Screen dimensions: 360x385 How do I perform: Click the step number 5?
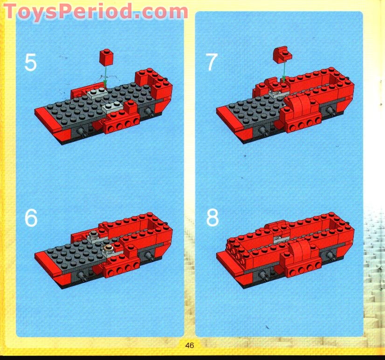[30, 62]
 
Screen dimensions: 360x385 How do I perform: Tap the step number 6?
[31, 217]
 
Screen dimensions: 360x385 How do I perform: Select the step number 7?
[212, 62]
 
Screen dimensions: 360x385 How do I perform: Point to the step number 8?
[212, 217]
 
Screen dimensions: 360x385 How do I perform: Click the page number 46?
[189, 345]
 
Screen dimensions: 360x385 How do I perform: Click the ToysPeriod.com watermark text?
[96, 11]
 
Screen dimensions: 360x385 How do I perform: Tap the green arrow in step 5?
[106, 77]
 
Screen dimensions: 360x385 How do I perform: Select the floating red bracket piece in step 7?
[282, 54]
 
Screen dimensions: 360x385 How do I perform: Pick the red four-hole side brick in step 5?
[124, 124]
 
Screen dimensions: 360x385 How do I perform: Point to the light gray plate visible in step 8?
[278, 239]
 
